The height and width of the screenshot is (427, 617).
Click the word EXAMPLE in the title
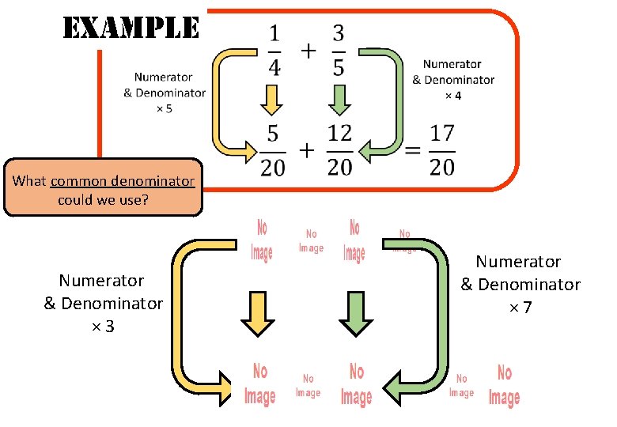131,28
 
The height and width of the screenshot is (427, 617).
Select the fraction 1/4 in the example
274,51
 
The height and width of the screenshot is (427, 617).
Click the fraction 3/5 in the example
339,51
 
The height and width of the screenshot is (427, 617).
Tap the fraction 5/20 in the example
274,150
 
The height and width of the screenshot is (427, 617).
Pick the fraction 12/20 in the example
339,150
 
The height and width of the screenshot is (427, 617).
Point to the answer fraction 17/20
442,150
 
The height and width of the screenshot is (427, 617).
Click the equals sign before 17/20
412,150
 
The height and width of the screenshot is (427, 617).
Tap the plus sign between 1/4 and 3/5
307,51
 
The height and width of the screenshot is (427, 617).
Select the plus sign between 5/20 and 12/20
306,149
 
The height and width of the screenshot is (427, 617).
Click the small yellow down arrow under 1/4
271,100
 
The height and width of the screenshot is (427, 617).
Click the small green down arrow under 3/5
339,100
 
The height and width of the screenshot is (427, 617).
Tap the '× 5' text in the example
164,108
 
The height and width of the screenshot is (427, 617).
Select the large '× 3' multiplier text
103,326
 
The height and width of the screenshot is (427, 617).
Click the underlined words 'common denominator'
122,181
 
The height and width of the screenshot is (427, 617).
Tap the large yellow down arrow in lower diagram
256,312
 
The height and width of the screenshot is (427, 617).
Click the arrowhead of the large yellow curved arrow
228,390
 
